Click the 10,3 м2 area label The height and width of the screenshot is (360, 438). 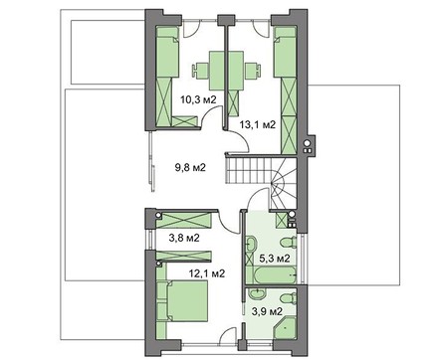[x=198, y=99]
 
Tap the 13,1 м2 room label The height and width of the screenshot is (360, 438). [x=258, y=124]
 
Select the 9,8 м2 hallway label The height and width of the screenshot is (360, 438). [x=190, y=167]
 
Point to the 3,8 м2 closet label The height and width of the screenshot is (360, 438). [x=184, y=238]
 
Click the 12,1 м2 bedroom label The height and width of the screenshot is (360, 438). [x=207, y=273]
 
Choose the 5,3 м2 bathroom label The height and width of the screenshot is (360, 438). [x=275, y=258]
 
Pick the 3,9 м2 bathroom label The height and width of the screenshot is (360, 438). [x=267, y=311]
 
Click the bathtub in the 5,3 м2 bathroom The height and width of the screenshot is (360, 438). [x=271, y=274]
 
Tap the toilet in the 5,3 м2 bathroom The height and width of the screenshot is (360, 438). [x=288, y=242]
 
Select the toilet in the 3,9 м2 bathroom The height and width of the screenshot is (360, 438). [x=288, y=298]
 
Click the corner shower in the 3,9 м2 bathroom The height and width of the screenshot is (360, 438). [x=285, y=327]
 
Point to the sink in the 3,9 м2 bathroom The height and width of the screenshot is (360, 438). [x=257, y=293]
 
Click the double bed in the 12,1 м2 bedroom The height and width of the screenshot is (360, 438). [x=187, y=301]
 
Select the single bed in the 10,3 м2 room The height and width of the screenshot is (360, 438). [x=167, y=52]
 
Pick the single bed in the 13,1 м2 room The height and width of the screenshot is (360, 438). [x=285, y=52]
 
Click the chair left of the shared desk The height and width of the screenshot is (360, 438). [x=200, y=71]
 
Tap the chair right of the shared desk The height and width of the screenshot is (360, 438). [x=253, y=71]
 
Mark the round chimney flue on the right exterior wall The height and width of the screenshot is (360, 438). [x=308, y=143]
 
